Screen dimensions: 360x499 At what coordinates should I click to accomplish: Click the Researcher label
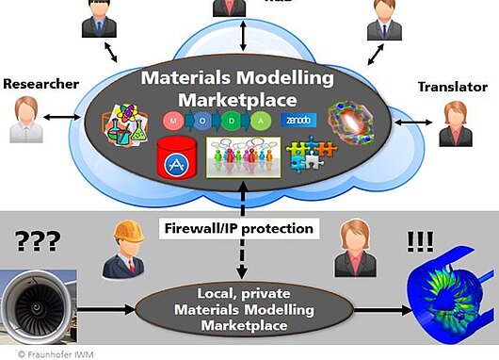[x=40, y=84]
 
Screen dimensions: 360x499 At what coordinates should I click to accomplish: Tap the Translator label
[x=452, y=88]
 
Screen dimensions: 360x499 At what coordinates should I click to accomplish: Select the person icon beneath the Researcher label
[x=27, y=119]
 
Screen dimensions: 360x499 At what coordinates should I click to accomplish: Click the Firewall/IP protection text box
[x=238, y=227]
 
